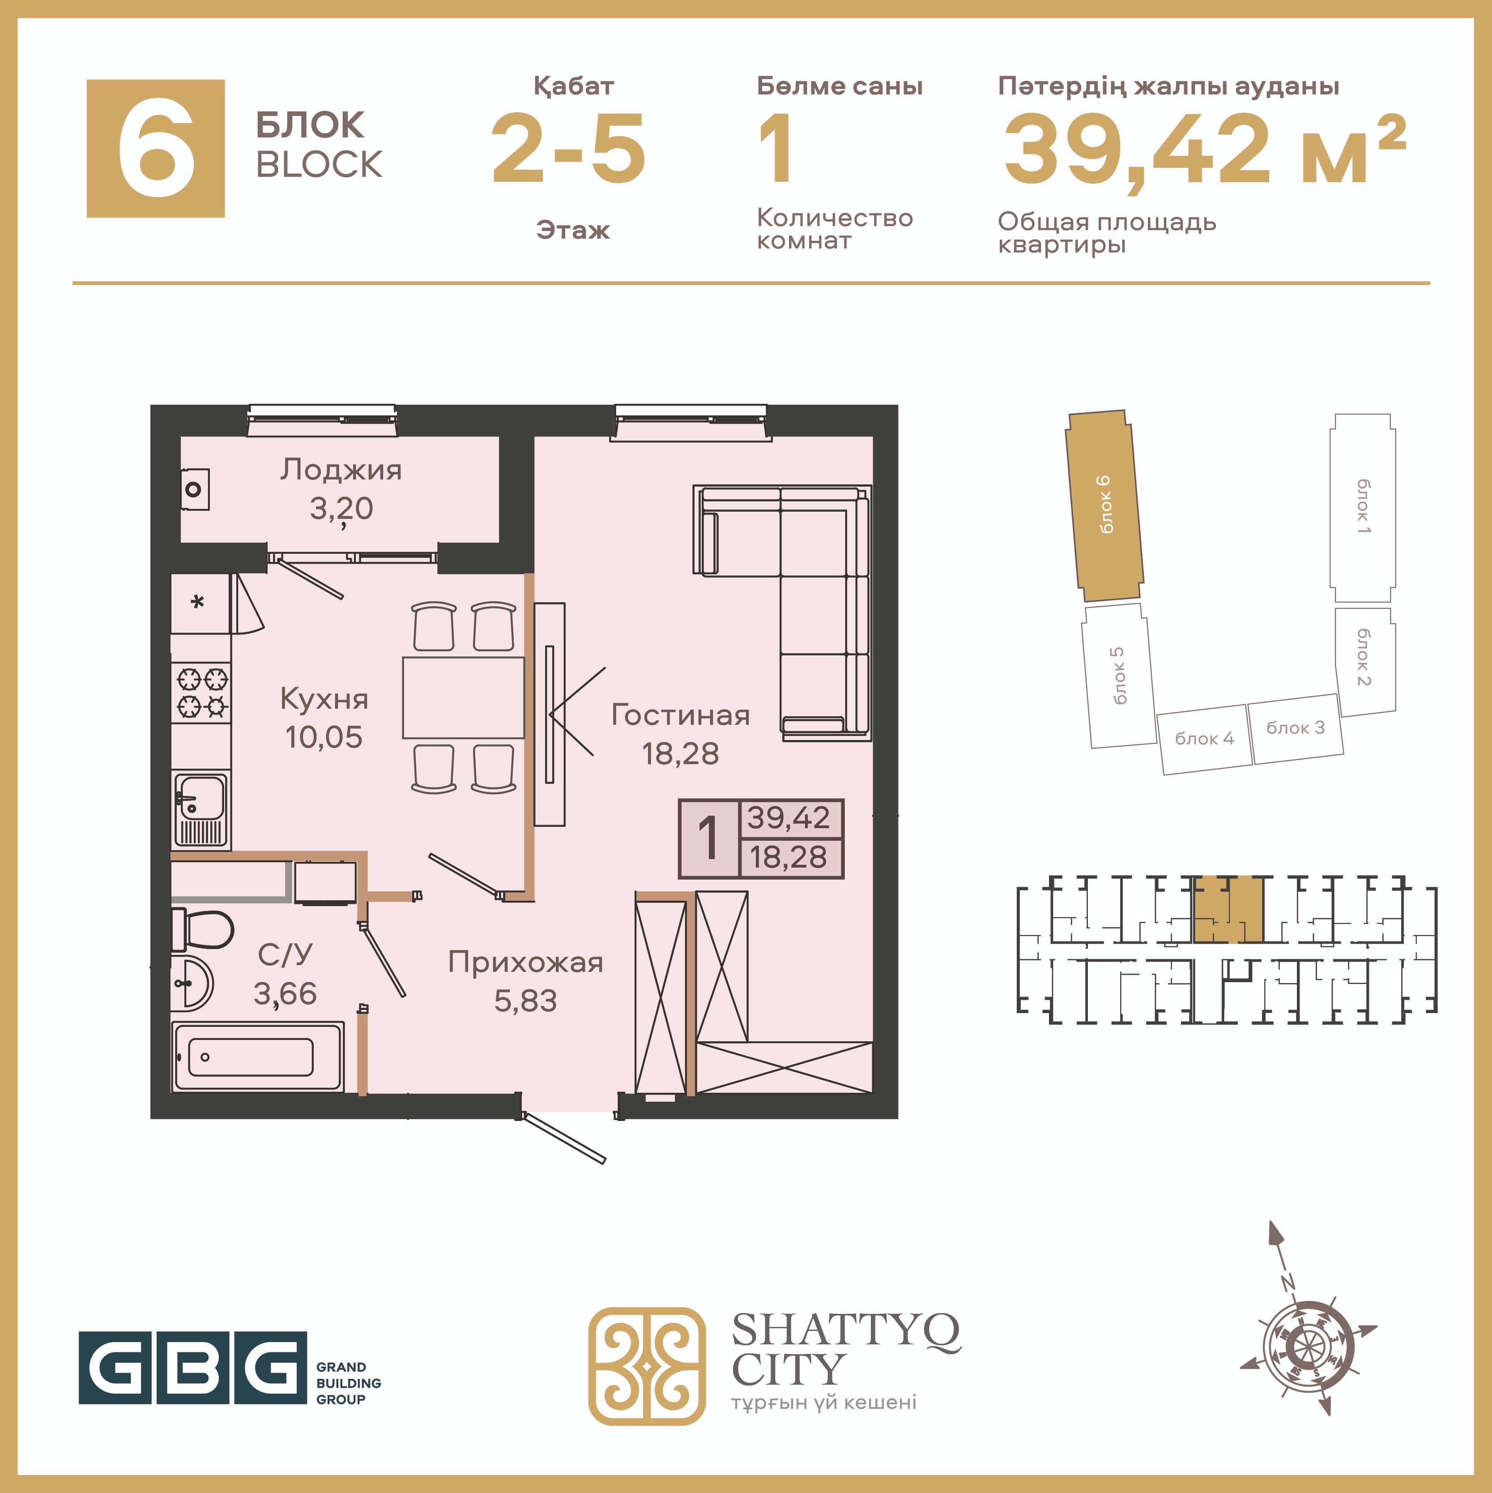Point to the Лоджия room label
tap(341, 469)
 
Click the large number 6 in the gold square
tap(156, 148)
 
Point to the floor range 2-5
tap(569, 149)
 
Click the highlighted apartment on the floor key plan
tap(1228, 910)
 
